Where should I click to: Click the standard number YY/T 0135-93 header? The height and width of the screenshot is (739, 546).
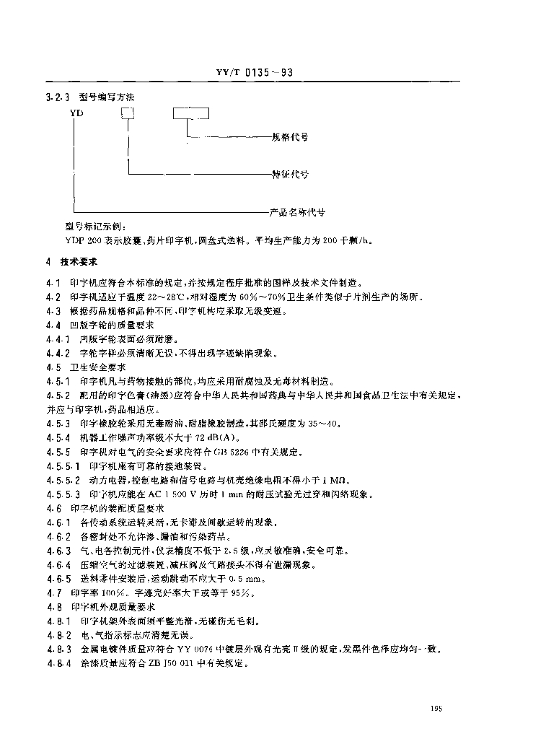(252, 73)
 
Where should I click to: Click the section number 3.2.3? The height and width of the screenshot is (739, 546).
(56, 96)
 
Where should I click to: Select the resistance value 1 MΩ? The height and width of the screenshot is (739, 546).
(335, 480)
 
